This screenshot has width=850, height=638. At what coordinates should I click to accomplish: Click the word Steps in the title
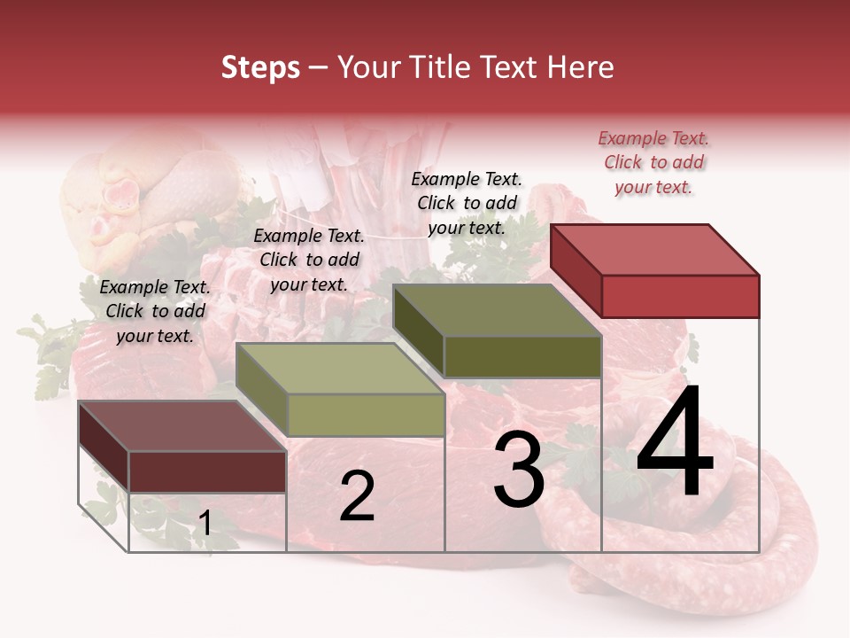click(x=260, y=67)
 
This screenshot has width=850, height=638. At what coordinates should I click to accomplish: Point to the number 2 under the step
click(x=357, y=496)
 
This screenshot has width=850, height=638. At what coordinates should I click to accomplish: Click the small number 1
click(x=205, y=524)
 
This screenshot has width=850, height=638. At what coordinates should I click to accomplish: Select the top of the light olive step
click(x=339, y=369)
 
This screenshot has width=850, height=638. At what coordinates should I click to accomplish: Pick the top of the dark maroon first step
click(x=182, y=426)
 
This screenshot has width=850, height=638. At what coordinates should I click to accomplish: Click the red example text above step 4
click(x=653, y=162)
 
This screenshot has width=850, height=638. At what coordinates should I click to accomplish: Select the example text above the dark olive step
click(x=467, y=203)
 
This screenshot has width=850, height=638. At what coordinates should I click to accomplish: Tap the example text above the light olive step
click(x=309, y=260)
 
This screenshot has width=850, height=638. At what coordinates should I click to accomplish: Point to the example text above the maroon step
click(x=155, y=311)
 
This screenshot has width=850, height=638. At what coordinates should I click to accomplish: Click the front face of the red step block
click(x=680, y=296)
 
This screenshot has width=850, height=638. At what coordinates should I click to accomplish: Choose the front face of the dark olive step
click(x=522, y=357)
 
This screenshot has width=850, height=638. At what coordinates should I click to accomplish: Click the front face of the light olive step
click(x=366, y=415)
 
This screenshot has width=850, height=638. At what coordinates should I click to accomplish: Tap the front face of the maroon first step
click(x=207, y=471)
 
